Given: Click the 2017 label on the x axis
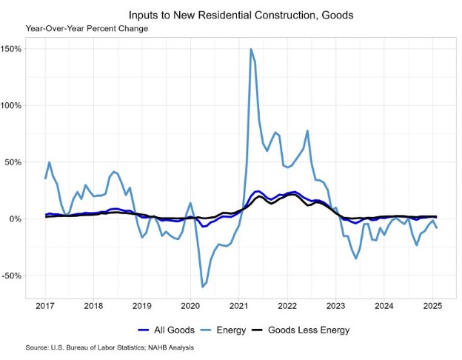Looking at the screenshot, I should (x=45, y=304).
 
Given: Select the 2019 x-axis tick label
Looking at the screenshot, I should (x=142, y=304).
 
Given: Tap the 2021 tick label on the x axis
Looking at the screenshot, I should (x=238, y=304).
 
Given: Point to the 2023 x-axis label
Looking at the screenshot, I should (x=335, y=304).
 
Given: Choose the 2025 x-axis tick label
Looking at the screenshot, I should (x=432, y=304).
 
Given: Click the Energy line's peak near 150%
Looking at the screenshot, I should (x=251, y=49).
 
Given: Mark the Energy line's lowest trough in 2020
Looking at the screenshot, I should (x=202, y=287).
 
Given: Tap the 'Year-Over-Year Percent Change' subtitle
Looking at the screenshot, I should (x=87, y=28).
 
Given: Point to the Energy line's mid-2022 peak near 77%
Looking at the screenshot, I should (x=307, y=131).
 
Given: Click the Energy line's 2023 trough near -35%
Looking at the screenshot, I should (x=356, y=258).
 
